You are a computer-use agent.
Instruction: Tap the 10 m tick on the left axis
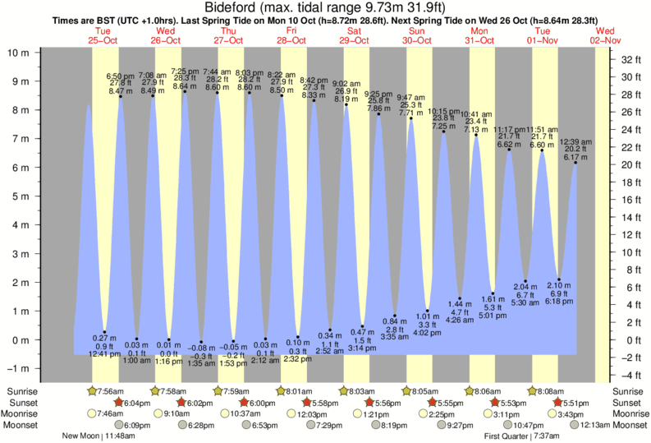(x=20, y=53)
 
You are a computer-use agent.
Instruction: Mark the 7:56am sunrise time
(x=112, y=390)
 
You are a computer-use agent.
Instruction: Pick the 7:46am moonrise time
(x=110, y=414)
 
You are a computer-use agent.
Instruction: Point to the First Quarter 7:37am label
(x=520, y=436)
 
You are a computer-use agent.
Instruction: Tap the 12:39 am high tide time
(x=574, y=141)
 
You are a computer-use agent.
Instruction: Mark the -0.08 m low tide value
(x=201, y=348)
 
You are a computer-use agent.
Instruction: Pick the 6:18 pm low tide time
(x=560, y=302)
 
